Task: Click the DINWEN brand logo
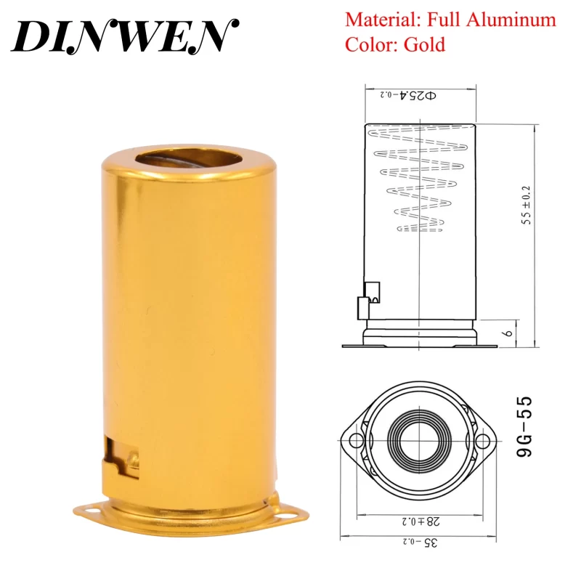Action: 125,36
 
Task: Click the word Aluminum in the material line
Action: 511,20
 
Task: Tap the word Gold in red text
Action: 424,45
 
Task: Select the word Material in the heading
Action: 382,20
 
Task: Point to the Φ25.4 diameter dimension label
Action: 407,95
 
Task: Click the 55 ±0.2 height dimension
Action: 526,206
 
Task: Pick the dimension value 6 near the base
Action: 509,333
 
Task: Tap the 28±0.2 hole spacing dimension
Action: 420,521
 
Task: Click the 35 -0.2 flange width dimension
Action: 420,543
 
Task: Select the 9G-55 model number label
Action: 524,426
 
